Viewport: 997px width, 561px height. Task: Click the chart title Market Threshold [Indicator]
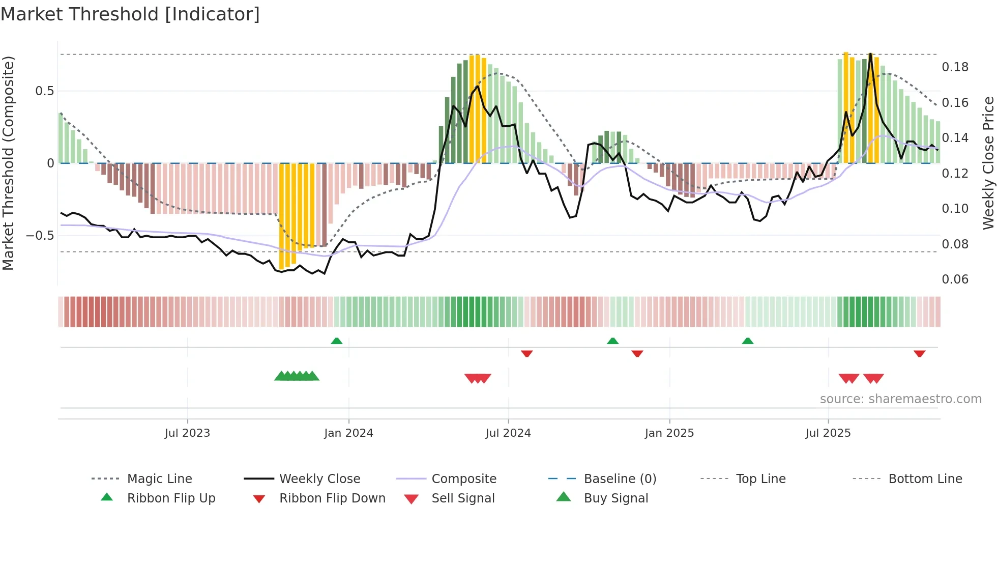pos(130,14)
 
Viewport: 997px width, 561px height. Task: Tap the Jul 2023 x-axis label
pos(187,433)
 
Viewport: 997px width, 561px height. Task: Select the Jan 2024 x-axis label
pos(348,433)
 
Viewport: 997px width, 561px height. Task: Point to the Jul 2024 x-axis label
pos(508,433)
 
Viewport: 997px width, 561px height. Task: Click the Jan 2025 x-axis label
pos(669,433)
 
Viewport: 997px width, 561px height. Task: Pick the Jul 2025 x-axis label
pos(828,433)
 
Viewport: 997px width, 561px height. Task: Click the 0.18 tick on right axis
pos(955,67)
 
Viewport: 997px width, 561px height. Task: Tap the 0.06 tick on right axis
pos(955,279)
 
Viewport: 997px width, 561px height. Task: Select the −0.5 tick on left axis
pos(40,236)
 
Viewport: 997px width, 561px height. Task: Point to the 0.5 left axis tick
pos(44,91)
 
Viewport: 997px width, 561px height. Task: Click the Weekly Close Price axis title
pos(988,163)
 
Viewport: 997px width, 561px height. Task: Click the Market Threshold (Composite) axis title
pos(8,163)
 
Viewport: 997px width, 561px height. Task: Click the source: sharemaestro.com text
pos(900,399)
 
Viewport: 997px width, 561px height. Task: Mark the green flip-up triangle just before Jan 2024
pos(336,341)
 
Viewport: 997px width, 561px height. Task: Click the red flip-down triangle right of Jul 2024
pos(526,353)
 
